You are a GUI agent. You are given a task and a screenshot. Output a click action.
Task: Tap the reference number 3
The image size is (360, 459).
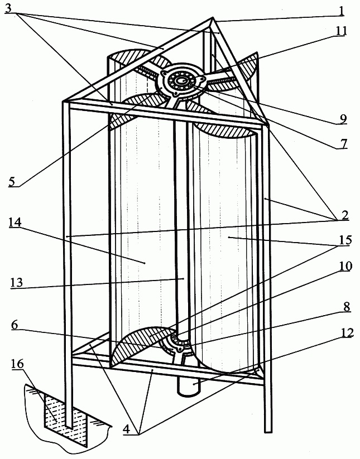(x=9, y=8)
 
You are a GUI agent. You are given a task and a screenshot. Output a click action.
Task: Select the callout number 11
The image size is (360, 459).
(x=340, y=31)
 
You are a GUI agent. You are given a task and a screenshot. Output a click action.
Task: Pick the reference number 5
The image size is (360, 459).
(x=13, y=181)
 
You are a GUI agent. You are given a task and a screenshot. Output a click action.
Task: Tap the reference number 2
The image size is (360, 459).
(x=344, y=215)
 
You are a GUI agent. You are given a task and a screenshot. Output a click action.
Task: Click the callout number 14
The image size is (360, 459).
(x=15, y=223)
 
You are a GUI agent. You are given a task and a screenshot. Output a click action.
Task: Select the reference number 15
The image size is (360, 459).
(x=345, y=240)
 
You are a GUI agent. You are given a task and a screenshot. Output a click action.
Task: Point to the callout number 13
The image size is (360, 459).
(x=17, y=283)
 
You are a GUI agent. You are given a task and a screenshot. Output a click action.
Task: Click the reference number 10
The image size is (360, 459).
(x=345, y=266)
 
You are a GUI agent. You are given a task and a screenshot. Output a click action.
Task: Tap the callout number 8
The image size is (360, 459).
(x=347, y=307)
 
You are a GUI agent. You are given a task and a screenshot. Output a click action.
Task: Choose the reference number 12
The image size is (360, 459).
(x=347, y=333)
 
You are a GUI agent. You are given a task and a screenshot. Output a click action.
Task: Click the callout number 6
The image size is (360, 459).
(x=16, y=325)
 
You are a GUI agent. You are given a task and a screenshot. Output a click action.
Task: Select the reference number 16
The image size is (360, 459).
(x=17, y=364)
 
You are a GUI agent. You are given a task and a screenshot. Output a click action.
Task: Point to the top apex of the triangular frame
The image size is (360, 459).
(x=212, y=18)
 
